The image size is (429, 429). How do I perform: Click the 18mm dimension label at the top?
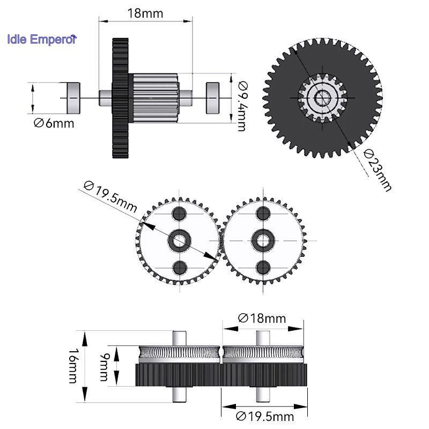(145, 13)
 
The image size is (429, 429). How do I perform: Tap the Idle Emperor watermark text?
(42, 39)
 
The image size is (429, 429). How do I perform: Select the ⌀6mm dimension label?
(54, 123)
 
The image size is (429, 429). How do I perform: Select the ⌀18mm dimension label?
(262, 318)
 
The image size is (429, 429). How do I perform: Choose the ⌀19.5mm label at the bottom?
(265, 416)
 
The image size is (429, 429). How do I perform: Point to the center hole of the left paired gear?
(178, 240)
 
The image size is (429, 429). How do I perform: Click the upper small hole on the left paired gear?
(178, 214)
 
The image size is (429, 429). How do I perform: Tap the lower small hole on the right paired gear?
(263, 267)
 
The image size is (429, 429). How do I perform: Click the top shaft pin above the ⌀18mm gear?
(263, 337)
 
